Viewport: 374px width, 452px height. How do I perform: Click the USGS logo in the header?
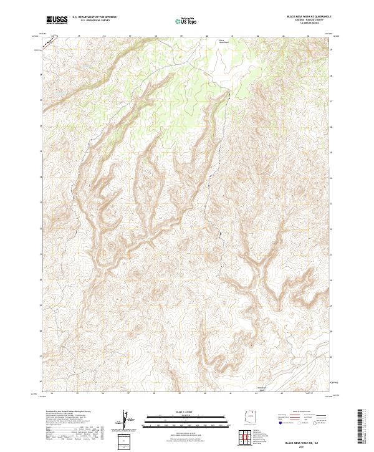tap(57, 20)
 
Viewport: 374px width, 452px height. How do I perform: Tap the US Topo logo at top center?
tap(186, 20)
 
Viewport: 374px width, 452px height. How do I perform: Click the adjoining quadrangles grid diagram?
tap(251, 438)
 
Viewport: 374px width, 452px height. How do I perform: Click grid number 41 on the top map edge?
tap(232, 36)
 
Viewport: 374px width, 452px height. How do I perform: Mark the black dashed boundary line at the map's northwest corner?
tap(47, 41)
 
